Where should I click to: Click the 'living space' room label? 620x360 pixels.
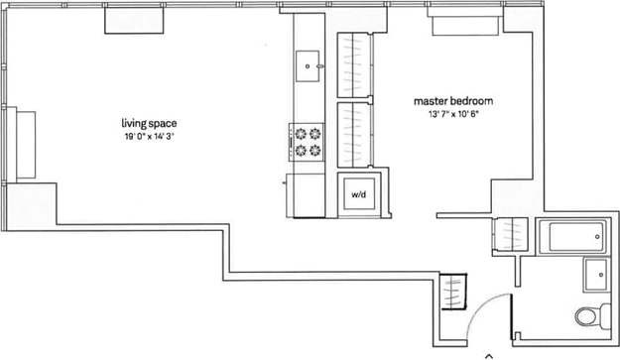149,123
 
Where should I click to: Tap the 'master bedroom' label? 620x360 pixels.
453,101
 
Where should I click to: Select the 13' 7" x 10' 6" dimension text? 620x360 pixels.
453,114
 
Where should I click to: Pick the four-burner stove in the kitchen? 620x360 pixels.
308,141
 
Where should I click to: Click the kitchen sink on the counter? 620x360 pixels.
310,64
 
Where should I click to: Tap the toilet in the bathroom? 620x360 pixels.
591,317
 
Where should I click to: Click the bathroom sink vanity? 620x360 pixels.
597,275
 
